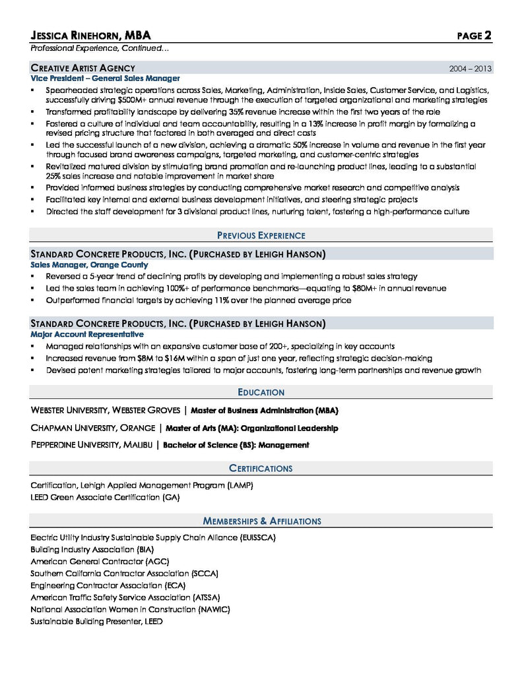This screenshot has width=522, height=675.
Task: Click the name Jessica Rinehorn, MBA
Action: (95, 36)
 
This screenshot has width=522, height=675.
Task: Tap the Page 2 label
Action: (474, 36)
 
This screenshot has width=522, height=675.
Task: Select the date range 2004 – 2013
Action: (470, 69)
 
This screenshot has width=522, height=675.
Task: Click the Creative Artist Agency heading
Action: (82, 68)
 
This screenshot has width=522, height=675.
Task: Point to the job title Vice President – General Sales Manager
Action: (105, 78)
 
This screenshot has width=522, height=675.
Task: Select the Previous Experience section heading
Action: (261, 235)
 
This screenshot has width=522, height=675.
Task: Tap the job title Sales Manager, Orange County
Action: (89, 265)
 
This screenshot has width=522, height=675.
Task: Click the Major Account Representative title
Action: (86, 335)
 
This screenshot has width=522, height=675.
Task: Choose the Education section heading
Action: (261, 392)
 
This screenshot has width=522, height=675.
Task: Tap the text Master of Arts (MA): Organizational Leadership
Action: (252, 428)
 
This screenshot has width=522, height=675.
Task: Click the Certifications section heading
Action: (261, 469)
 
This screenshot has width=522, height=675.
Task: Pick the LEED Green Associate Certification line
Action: (105, 497)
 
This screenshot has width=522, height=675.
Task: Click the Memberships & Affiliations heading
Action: (261, 521)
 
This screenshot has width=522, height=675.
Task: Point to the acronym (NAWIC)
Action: (214, 610)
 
